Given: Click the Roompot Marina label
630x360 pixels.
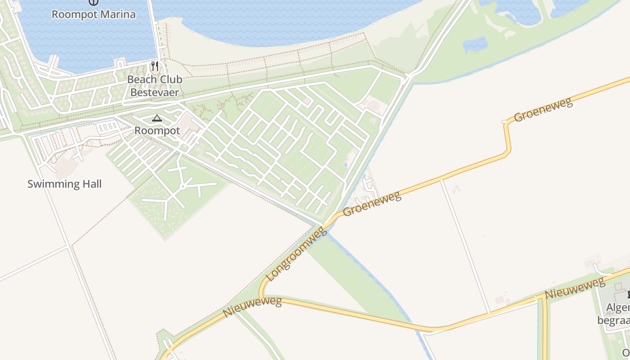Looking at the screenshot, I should click(x=93, y=14).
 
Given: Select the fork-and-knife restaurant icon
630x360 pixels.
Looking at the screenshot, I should click(x=155, y=67).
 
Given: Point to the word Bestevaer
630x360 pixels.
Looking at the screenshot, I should click(x=154, y=93).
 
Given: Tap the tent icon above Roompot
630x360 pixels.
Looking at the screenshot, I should click(x=157, y=118).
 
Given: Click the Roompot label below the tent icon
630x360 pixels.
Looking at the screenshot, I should click(x=157, y=131).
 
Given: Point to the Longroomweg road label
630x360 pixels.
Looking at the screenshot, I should click(x=296, y=254).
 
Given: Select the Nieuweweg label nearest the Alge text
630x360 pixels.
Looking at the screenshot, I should click(x=575, y=288).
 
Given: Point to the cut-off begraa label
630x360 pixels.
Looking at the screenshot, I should click(x=613, y=320).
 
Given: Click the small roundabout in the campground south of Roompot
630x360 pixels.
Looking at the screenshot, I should click(x=183, y=186).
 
